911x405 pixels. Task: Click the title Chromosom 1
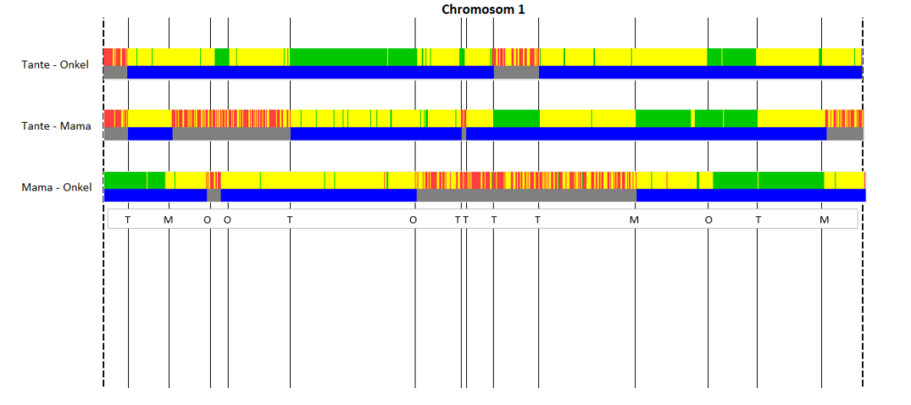[x=483, y=9]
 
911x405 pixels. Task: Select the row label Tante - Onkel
[x=55, y=64]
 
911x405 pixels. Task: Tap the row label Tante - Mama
[x=56, y=126]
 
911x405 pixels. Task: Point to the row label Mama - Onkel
[x=56, y=187]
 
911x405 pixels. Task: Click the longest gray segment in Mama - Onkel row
[x=527, y=195]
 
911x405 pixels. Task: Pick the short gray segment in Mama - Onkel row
[x=214, y=195]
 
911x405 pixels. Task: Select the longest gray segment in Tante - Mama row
[x=231, y=134]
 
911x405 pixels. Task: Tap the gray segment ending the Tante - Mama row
[x=845, y=134]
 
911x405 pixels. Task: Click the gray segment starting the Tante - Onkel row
[x=115, y=72]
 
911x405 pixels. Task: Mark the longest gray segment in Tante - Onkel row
[x=516, y=72]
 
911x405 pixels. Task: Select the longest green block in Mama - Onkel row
[x=768, y=180]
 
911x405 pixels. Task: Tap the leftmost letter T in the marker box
[x=128, y=220]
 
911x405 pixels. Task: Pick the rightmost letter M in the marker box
[x=824, y=220]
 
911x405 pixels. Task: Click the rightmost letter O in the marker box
[x=708, y=220]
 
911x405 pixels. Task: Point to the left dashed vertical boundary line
[x=103, y=202]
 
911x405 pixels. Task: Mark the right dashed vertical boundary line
[x=863, y=202]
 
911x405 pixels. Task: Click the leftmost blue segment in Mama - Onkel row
[x=156, y=195]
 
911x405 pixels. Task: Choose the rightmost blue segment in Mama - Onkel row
[x=751, y=195]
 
